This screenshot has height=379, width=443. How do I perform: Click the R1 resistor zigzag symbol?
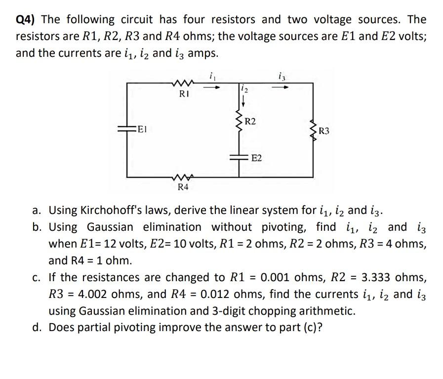pyautogui.click(x=183, y=84)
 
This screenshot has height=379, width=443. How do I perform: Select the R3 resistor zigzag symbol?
pyautogui.click(x=313, y=131)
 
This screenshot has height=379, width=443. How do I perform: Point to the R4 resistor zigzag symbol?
pyautogui.click(x=182, y=178)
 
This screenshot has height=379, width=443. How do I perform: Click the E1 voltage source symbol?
pyautogui.click(x=127, y=129)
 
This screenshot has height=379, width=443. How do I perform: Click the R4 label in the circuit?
pyautogui.click(x=182, y=188)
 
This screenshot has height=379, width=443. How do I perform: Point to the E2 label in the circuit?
pyautogui.click(x=257, y=158)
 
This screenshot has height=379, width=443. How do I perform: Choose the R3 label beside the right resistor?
pyautogui.click(x=324, y=131)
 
